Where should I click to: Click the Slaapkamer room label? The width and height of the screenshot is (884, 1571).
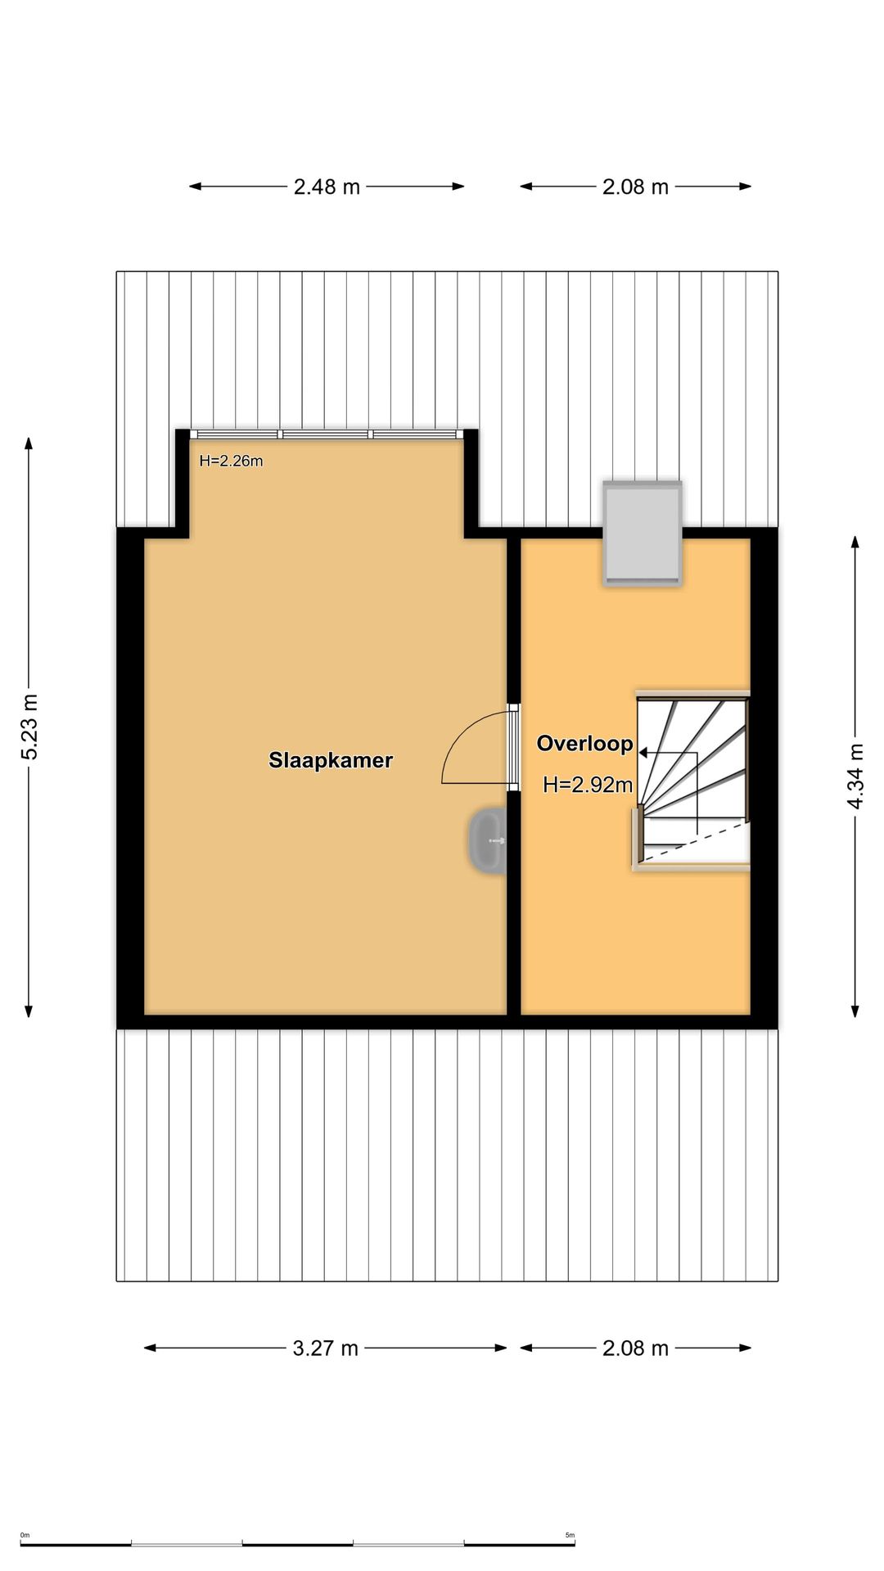tap(331, 760)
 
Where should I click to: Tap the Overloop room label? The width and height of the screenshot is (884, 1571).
tap(584, 744)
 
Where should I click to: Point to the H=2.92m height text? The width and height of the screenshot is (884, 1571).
tap(588, 785)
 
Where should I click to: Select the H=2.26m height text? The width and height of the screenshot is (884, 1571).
tap(231, 461)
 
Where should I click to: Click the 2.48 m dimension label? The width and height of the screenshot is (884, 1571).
tap(327, 187)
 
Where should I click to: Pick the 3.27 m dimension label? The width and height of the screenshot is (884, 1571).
tap(326, 1348)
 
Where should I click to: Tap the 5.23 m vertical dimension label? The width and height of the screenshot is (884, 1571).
tap(29, 727)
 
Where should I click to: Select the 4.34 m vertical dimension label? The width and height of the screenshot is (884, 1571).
tap(855, 776)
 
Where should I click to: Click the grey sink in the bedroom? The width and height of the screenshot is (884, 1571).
tap(487, 840)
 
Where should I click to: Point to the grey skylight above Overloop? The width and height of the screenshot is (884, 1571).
tap(643, 533)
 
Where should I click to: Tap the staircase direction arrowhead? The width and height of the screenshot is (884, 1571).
tap(643, 753)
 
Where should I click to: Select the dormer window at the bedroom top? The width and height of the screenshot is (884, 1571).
tap(327, 434)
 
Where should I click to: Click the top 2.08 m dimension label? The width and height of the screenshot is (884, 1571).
tap(636, 187)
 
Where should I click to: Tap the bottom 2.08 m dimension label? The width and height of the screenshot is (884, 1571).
tap(636, 1348)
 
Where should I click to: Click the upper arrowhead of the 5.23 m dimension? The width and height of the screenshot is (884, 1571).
tap(29, 443)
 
